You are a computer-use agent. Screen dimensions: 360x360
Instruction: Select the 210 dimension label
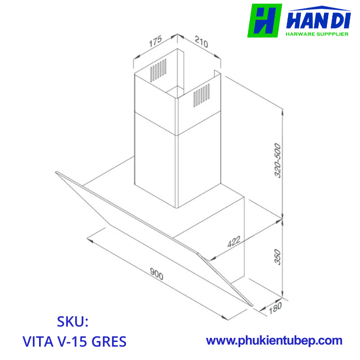(x=201, y=42)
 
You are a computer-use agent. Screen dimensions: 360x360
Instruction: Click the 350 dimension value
(x=277, y=257)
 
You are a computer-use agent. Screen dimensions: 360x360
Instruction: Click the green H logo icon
(x=264, y=21)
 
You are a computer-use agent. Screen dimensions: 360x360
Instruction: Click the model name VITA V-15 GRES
(x=75, y=341)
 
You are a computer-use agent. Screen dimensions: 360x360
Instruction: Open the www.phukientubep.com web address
(x=274, y=340)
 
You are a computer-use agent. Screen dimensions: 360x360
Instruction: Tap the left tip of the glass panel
(x=57, y=173)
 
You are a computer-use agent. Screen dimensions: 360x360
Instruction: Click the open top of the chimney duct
(x=177, y=67)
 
